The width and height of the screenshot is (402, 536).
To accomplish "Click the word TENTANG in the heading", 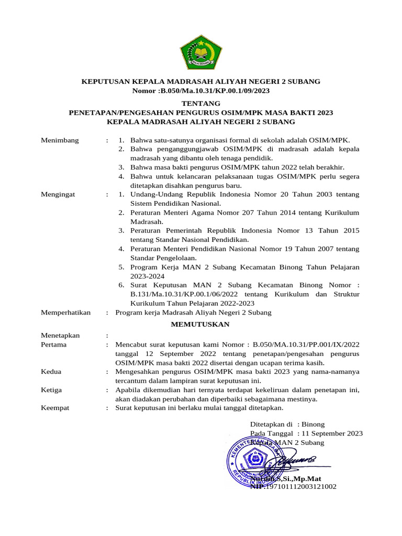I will pos(201,104).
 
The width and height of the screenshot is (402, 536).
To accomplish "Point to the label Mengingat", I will pos(58,194).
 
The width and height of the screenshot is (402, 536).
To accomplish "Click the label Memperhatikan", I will pos(65,312).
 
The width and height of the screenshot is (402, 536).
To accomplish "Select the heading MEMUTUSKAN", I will pos(201,324).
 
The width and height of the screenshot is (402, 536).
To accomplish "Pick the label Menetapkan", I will pos(60,335).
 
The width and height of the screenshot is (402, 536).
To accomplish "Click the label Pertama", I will pos(55,344).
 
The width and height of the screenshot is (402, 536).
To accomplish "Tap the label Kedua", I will pos(51,372).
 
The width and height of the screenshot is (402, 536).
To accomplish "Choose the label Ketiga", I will pos(52,389).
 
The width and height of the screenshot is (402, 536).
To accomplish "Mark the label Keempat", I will pos(55,408).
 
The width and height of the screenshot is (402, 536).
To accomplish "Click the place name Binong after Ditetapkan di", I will pos(313,424).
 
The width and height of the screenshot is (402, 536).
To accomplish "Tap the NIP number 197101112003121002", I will pos(301,487).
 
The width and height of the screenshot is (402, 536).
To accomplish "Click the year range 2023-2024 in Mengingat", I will pos(148,276).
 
